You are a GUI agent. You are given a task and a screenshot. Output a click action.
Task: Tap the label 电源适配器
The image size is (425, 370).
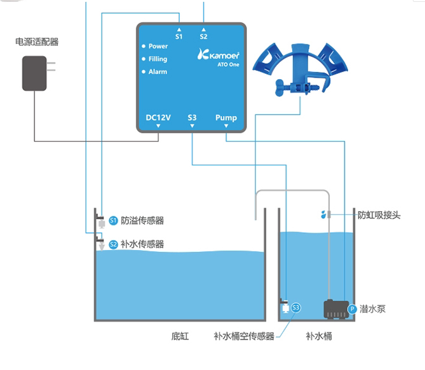(37, 42)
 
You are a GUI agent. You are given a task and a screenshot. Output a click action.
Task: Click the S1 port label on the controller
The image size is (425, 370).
(179, 36)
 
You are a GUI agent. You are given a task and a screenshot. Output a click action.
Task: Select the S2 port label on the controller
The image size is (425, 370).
(204, 36)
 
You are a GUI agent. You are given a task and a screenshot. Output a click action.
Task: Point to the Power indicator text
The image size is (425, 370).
(158, 47)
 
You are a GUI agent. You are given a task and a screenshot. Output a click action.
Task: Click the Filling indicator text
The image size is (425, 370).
(158, 59)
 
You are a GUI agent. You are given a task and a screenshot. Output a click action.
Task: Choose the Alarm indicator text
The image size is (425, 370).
(158, 72)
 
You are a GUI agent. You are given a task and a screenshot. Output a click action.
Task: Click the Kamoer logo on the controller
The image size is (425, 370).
(219, 56)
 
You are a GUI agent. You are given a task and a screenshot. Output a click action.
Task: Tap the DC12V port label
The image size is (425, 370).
(158, 117)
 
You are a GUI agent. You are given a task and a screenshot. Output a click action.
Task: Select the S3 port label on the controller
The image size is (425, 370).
(192, 117)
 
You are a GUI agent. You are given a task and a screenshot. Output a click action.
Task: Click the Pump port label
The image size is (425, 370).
(226, 117)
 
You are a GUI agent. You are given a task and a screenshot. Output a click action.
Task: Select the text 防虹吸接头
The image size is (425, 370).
(379, 216)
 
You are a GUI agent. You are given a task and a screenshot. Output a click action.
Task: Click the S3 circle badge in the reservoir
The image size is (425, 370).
(295, 308)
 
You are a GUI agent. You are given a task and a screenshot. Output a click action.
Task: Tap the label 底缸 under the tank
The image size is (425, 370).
(180, 336)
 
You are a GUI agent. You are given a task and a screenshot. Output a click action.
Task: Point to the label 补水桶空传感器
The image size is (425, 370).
(244, 336)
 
